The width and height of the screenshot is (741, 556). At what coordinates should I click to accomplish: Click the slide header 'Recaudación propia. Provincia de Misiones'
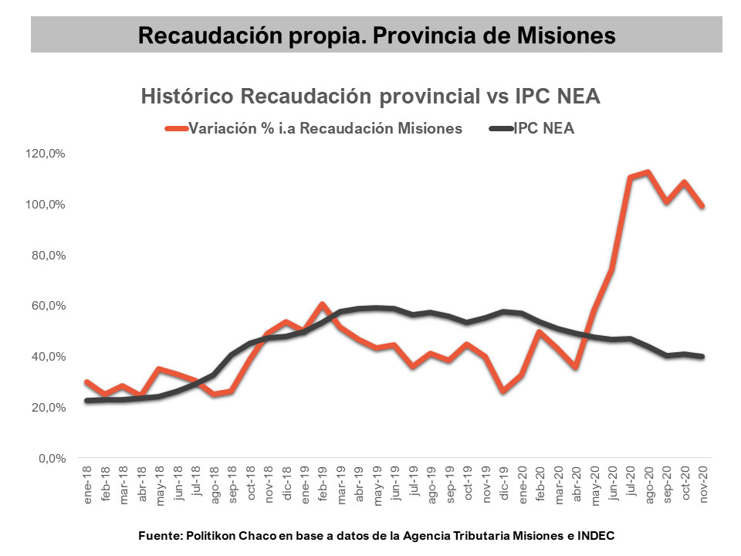point(377,36)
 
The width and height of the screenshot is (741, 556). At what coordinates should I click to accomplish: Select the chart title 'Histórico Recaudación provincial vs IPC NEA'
point(370,97)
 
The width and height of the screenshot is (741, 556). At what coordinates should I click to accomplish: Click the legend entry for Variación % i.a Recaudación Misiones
point(324,128)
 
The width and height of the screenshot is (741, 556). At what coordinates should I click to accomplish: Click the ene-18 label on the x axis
point(88,486)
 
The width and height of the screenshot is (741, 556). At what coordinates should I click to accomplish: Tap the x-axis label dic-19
point(504,486)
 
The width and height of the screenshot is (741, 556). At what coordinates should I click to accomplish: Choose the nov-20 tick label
point(703,486)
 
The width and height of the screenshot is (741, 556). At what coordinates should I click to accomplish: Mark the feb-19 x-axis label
point(323,486)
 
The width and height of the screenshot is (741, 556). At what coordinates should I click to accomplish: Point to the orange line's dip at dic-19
point(504,391)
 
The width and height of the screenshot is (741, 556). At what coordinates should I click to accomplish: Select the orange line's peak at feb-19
point(323,304)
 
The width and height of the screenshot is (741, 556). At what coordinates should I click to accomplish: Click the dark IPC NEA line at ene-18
point(87,400)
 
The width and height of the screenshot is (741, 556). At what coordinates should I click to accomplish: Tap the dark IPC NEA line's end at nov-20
point(702,356)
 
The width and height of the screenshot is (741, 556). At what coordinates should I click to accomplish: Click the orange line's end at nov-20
point(702,206)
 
